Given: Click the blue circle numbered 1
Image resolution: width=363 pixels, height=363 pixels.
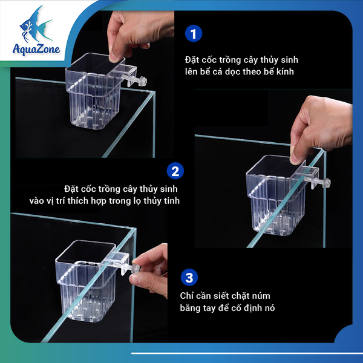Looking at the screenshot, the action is [194, 33].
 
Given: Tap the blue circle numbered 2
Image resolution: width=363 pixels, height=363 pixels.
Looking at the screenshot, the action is [175, 171].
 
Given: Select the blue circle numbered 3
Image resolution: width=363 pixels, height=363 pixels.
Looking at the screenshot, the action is [189, 277].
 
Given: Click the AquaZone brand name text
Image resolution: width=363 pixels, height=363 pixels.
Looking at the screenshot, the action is [36, 49].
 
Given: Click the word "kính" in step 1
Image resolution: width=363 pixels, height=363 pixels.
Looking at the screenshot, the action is [285, 71].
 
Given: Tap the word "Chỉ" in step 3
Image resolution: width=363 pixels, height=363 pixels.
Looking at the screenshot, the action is [187, 296].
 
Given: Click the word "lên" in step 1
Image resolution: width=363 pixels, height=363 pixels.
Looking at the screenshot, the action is [191, 71].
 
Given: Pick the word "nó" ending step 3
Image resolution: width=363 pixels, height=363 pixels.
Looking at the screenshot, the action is [269, 308].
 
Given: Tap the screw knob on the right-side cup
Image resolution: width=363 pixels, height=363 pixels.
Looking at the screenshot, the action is [327, 183].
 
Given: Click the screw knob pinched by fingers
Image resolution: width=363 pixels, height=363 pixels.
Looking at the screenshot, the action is [136, 269].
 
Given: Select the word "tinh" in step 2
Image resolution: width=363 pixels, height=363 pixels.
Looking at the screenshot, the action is [172, 201].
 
